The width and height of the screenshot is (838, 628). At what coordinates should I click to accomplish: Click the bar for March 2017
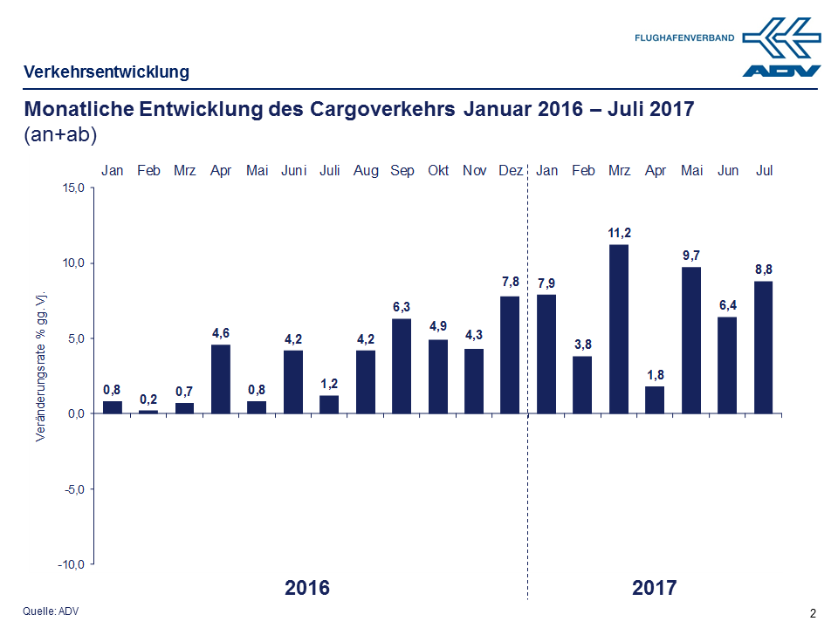point(619,329)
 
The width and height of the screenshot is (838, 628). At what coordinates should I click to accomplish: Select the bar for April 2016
point(221,379)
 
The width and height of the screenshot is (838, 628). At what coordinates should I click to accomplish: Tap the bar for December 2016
point(510,355)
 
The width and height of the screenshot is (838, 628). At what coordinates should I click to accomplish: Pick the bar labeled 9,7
point(691,340)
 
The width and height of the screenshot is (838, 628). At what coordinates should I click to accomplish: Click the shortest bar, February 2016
point(148,412)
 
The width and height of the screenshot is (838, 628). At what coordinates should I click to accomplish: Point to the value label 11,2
point(619,233)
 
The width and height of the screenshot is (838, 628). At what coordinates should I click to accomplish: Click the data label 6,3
point(402,307)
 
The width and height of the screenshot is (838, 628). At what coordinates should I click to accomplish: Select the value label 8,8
point(764,270)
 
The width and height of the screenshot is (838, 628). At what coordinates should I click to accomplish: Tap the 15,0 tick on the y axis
point(72,188)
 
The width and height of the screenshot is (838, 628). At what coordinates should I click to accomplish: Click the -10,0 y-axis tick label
point(70,564)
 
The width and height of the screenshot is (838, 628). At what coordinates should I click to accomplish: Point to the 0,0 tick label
point(73,413)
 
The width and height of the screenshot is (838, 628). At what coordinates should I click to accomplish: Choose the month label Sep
point(402,171)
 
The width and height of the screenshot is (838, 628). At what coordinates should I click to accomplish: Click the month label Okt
point(438,171)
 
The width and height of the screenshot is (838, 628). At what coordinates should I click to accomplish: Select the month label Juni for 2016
point(293,171)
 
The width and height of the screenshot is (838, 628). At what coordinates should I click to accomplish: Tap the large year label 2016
point(307,588)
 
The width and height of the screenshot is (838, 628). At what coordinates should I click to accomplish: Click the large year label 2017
point(654,588)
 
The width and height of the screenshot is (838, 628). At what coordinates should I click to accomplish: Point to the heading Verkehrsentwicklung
point(106,72)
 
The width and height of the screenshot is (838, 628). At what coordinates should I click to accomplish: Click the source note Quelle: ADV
point(51,611)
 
